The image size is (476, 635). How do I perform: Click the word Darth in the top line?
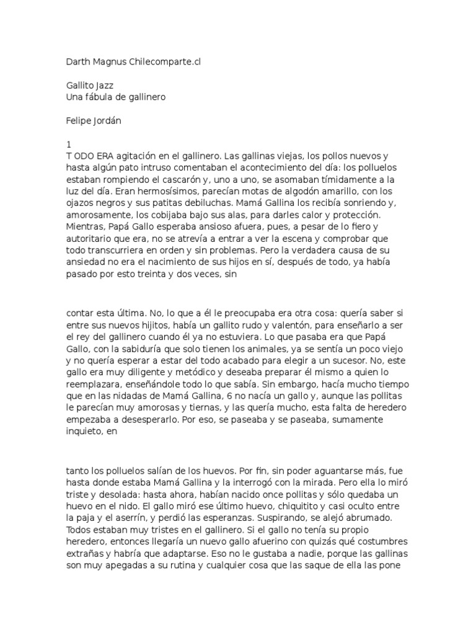pyautogui.click(x=77, y=62)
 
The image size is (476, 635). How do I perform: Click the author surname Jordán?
pyautogui.click(x=107, y=121)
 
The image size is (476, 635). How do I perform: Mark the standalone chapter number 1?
pyautogui.click(x=68, y=143)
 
